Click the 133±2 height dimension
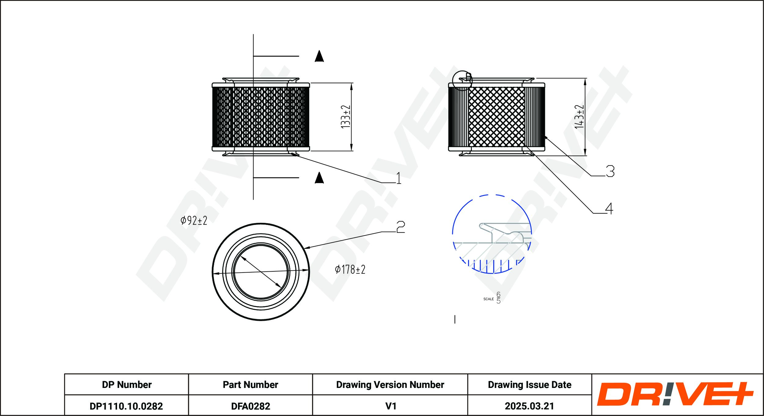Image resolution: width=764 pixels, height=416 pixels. coord(345,117)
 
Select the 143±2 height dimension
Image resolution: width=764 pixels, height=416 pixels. coord(579,117)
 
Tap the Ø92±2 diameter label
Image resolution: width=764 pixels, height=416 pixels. coord(194,220)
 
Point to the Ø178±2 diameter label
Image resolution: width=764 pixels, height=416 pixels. coord(350,269)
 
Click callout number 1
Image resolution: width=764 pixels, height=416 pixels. coord(399,178)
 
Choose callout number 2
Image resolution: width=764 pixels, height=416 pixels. coord(400,227)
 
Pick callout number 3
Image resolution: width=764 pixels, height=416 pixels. coord(610,171)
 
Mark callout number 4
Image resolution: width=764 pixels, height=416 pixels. coord(609,209)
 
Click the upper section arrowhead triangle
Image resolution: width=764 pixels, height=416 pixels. coord(319,56)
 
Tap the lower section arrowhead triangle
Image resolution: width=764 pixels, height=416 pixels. coord(319,178)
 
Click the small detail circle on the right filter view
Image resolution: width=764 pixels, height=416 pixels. coord(462,81)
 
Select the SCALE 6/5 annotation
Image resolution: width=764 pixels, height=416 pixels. coord(492,298)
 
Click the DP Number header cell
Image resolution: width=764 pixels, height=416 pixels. coord(127,385)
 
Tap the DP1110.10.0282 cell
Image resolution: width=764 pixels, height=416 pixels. coord(126,406)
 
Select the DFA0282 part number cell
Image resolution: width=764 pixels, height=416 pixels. coord(251,406)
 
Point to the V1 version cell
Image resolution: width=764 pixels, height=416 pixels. coord(391,406)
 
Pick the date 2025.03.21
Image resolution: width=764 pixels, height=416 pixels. coord(529,406)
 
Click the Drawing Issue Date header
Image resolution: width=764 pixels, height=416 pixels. coord(529,385)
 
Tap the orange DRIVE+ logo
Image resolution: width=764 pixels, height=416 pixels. coord(675,394)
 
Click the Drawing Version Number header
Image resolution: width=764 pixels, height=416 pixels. coord(390,385)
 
